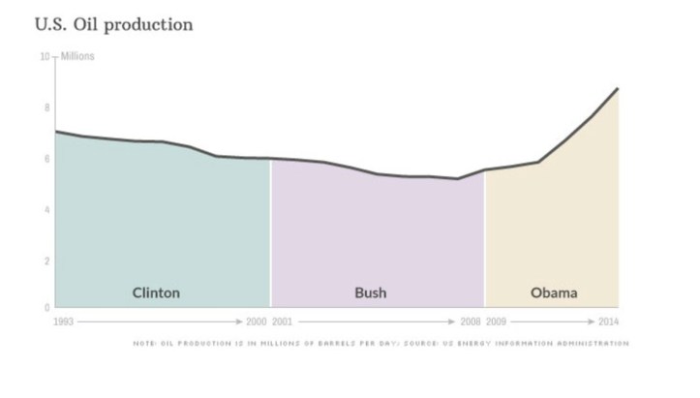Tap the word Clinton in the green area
(x=156, y=292)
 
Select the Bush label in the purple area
(x=371, y=292)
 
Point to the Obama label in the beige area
(x=554, y=292)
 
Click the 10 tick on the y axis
(x=44, y=56)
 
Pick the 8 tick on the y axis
(x=46, y=107)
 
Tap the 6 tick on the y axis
(x=46, y=159)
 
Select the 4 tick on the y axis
(x=46, y=209)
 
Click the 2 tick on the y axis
(x=46, y=260)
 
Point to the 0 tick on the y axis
(x=46, y=307)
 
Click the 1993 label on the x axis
(x=64, y=321)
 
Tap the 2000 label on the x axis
(x=255, y=321)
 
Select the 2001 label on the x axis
(x=283, y=321)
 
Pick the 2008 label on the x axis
(x=470, y=321)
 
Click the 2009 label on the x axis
(x=496, y=321)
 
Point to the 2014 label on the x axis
(x=607, y=321)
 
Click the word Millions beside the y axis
(x=77, y=56)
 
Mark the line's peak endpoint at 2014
(x=618, y=88)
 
